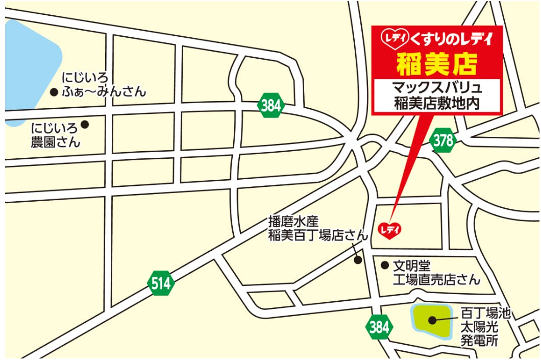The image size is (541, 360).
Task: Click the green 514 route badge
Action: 160,284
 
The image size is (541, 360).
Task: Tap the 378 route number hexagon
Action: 443,141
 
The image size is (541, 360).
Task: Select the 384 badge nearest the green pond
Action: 379,327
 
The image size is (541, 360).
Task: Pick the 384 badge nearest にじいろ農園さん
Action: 270,106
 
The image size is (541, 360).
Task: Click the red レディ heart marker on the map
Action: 389,230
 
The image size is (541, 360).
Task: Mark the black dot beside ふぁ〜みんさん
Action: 53,92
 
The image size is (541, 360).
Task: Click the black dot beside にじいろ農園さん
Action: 85,124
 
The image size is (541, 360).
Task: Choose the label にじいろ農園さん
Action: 56,134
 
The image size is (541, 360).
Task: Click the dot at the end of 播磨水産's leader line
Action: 358,260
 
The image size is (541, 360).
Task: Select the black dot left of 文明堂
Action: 385,265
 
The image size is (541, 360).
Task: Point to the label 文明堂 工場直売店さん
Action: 436,273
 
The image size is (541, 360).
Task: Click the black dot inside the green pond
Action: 432,320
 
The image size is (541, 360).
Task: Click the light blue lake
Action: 28,66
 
